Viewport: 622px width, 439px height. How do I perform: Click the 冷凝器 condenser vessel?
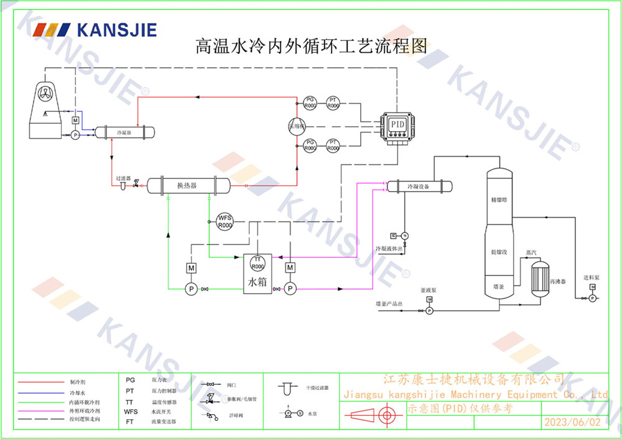coord(124,132)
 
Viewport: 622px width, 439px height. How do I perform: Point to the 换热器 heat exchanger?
coord(187,185)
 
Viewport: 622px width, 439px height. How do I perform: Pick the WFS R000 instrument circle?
coord(225,221)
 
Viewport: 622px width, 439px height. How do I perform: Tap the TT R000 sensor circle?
coord(258,262)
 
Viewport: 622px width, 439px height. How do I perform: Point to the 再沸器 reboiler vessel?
coord(540,274)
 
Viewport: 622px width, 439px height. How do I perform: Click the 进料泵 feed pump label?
coord(590,277)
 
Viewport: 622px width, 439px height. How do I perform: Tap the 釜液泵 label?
coord(429,290)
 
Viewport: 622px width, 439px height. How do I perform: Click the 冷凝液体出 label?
coord(390,249)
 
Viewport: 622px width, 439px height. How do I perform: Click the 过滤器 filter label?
coord(123,178)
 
